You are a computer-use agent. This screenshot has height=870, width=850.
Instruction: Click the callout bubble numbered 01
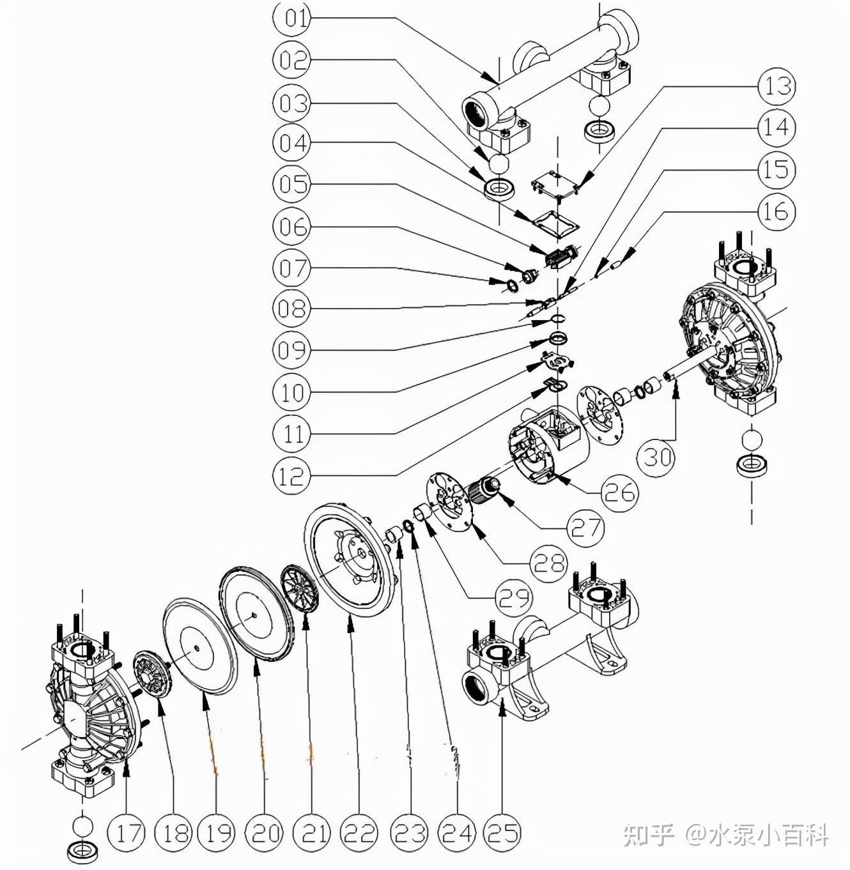pyautogui.click(x=292, y=18)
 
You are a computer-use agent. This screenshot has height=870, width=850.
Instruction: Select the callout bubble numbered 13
pyautogui.click(x=777, y=86)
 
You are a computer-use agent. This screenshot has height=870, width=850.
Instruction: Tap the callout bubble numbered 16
pyautogui.click(x=777, y=211)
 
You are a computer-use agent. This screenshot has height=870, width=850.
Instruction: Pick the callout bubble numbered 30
pyautogui.click(x=658, y=457)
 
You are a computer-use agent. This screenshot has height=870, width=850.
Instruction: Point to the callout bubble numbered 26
pyautogui.click(x=619, y=492)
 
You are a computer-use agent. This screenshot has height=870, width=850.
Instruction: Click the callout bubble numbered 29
pyautogui.click(x=514, y=598)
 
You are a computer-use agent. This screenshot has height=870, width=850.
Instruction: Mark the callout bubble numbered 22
pyautogui.click(x=359, y=833)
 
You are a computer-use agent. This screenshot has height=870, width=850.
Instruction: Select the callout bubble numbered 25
pyautogui.click(x=503, y=833)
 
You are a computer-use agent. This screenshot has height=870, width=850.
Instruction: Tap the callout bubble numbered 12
pyautogui.click(x=291, y=476)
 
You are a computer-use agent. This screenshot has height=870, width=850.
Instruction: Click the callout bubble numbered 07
pyautogui.click(x=292, y=268)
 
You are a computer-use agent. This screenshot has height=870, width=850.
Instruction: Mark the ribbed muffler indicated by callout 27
pyautogui.click(x=483, y=492)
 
